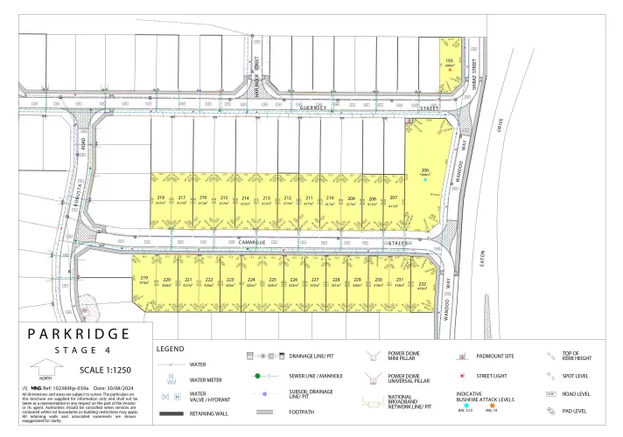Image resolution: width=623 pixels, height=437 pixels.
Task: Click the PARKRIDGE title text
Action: pos(79,334)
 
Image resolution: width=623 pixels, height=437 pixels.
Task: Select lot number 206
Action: pos(425,169)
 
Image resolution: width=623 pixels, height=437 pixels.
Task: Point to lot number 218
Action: pos(161,198)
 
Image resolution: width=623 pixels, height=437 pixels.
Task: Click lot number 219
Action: pos(143,277)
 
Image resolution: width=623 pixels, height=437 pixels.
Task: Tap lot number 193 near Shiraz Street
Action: pos(450,62)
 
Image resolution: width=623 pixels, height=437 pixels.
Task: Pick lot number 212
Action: pos(288,198)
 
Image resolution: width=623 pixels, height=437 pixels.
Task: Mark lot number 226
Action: pos(293,280)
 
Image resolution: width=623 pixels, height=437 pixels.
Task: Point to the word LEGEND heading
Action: pos(170,348)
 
